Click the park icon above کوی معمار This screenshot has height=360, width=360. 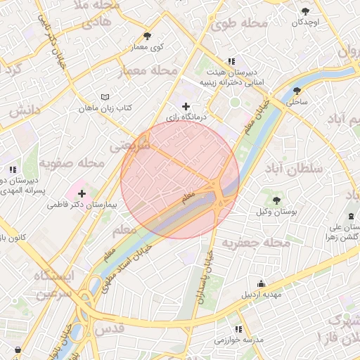pyautogui.click(x=147, y=36)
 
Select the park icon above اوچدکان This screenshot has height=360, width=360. pyautogui.click(x=304, y=12)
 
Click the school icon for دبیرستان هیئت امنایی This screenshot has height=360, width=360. pyautogui.click(x=232, y=61)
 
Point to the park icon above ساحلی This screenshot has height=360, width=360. pyautogui.click(x=297, y=91)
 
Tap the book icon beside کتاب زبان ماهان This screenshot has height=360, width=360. pyautogui.click(x=105, y=96)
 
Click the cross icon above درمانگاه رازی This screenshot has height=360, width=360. pyautogui.click(x=186, y=106)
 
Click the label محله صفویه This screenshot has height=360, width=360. pyautogui.click(x=72, y=163)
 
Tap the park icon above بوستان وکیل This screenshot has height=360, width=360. pyautogui.click(x=276, y=201)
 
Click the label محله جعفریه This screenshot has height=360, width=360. pyautogui.click(x=257, y=243)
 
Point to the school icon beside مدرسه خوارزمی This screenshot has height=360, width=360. pyautogui.click(x=238, y=329)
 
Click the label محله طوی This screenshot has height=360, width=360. pyautogui.click(x=240, y=24)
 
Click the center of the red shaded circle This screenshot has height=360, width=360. pyautogui.click(x=180, y=179)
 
